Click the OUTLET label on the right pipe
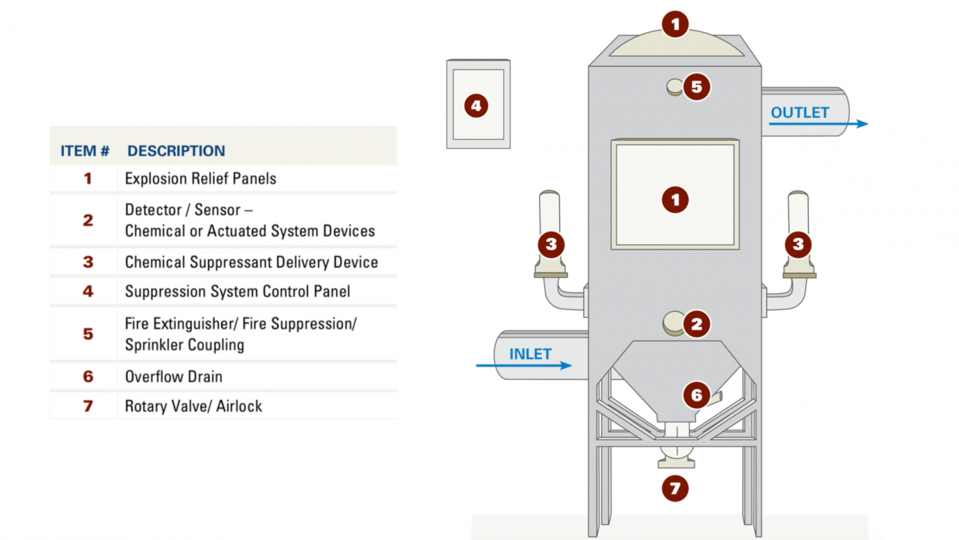pyautogui.click(x=799, y=113)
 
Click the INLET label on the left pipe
pyautogui.click(x=530, y=354)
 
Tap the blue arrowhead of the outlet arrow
pyautogui.click(x=862, y=123)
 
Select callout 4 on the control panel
pyautogui.click(x=476, y=106)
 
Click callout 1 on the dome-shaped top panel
pyautogui.click(x=675, y=25)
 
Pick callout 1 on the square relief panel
pyautogui.click(x=675, y=200)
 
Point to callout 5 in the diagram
pyautogui.click(x=696, y=87)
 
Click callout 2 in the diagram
pyautogui.click(x=696, y=324)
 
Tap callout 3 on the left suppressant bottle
pyautogui.click(x=551, y=244)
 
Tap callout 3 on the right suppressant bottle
pyautogui.click(x=798, y=244)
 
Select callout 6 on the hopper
pyautogui.click(x=696, y=395)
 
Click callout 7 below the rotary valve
pyautogui.click(x=675, y=488)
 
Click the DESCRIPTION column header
pyautogui.click(x=176, y=151)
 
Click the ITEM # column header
pyautogui.click(x=84, y=151)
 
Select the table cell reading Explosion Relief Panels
pyautogui.click(x=200, y=179)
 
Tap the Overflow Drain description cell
pyautogui.click(x=173, y=377)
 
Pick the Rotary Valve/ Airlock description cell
pyautogui.click(x=193, y=406)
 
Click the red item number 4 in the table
pyautogui.click(x=88, y=292)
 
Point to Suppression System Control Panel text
pyautogui.click(x=237, y=292)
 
